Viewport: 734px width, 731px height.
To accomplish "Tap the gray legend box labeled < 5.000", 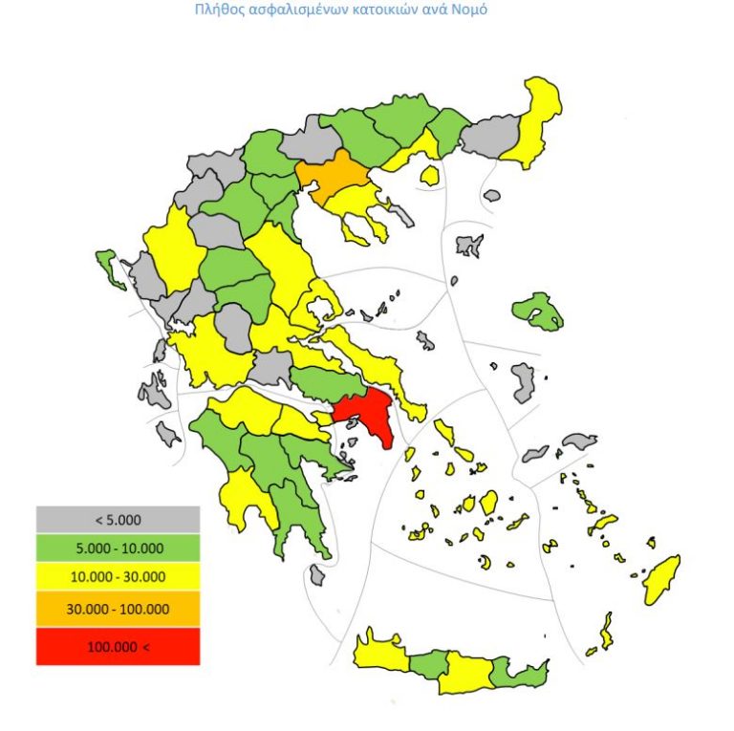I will tap(118, 520).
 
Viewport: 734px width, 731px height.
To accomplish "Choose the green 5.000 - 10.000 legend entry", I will tap(118, 548).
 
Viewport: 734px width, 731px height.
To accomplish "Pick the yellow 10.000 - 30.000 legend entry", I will tap(118, 577).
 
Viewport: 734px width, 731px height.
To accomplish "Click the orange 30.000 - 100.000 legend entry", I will tap(118, 609).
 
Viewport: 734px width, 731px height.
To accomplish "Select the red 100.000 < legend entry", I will tap(118, 647).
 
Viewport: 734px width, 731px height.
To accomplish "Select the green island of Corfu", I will tap(109, 267).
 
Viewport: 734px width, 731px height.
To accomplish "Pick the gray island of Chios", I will tap(523, 381).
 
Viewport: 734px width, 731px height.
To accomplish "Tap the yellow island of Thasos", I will tap(430, 176).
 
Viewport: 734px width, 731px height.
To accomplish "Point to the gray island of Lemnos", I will tap(468, 246).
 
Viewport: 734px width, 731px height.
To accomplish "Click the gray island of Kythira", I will tap(317, 574).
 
